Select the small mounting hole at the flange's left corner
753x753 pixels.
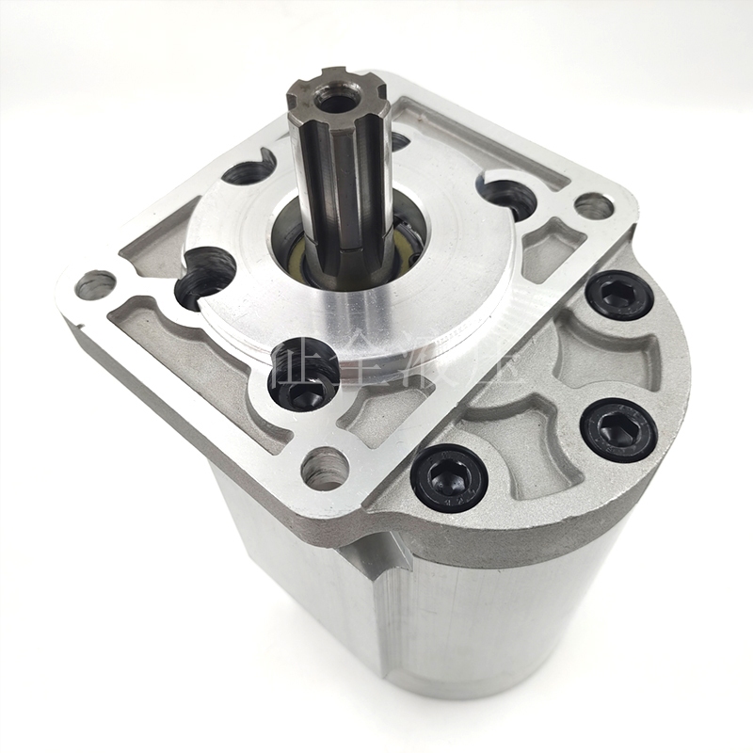point(94,283)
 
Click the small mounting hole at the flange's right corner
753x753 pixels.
point(593,205)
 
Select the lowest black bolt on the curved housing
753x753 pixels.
point(450,476)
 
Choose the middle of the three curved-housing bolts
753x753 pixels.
point(618,428)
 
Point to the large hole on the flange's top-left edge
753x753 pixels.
point(249,169)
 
